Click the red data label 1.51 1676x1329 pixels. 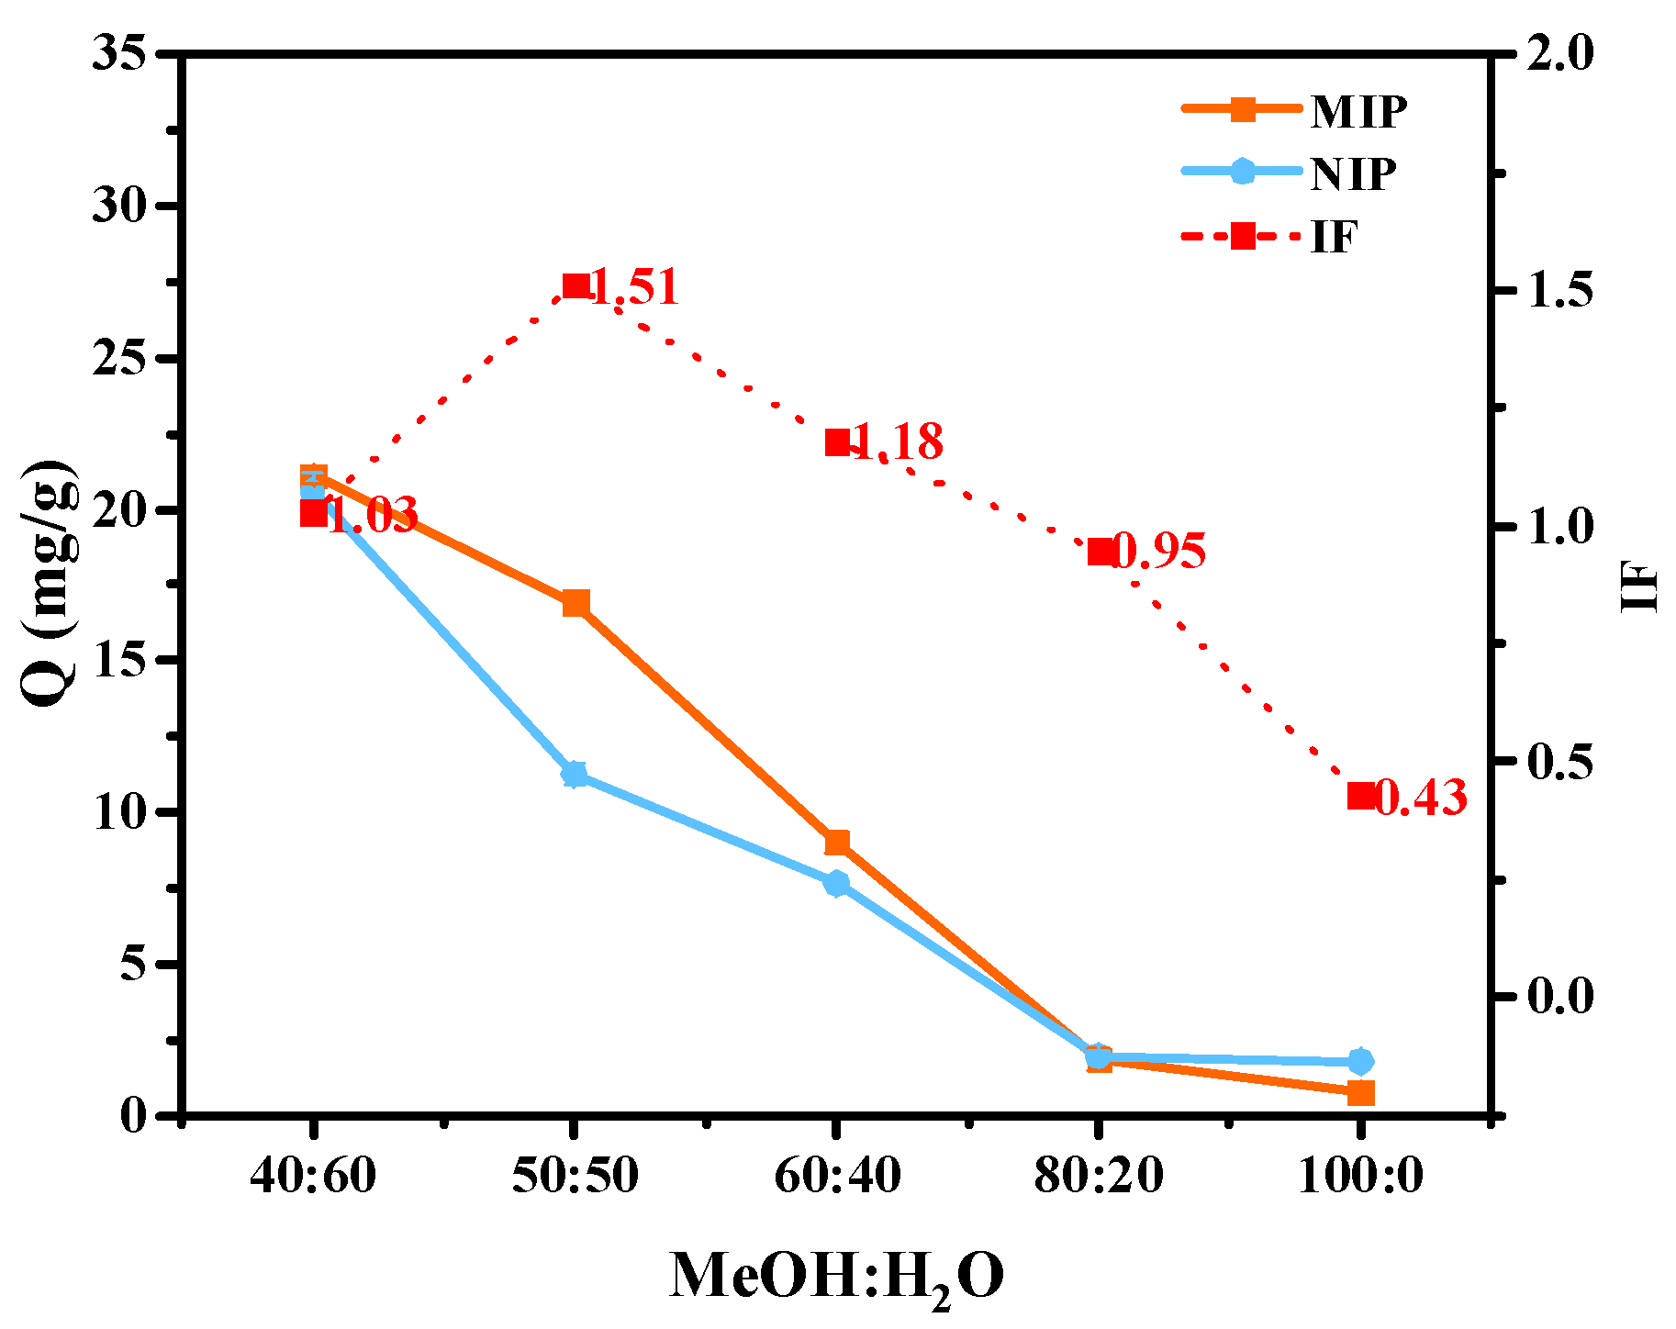(633, 287)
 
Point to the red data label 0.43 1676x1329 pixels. (1421, 798)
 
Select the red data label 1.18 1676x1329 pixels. (897, 442)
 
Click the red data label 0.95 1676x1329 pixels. (1158, 552)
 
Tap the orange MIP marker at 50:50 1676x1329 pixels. (575, 603)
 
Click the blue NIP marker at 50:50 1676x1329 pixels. (575, 775)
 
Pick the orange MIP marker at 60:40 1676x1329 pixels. (837, 843)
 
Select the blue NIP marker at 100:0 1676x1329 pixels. (1360, 1061)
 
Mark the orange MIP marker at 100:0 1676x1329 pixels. (1360, 1093)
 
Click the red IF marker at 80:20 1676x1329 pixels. (1100, 552)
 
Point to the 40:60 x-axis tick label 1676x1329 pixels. (313, 1176)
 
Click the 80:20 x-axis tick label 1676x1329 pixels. (1099, 1176)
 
